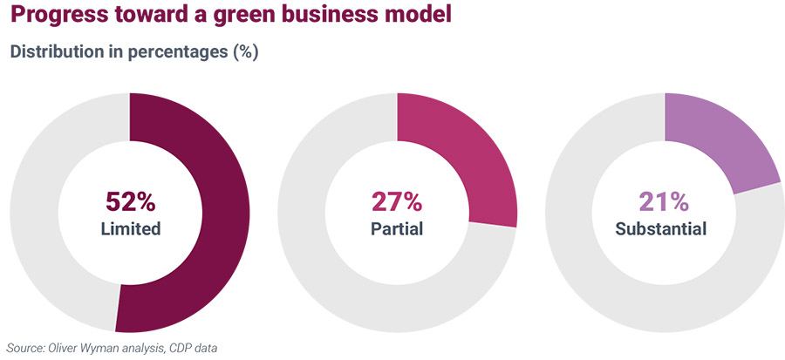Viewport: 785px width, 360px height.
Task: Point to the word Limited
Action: [x=130, y=230]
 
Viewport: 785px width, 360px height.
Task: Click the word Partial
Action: [x=397, y=230]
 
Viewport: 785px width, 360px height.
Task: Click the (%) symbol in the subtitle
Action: [x=243, y=51]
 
